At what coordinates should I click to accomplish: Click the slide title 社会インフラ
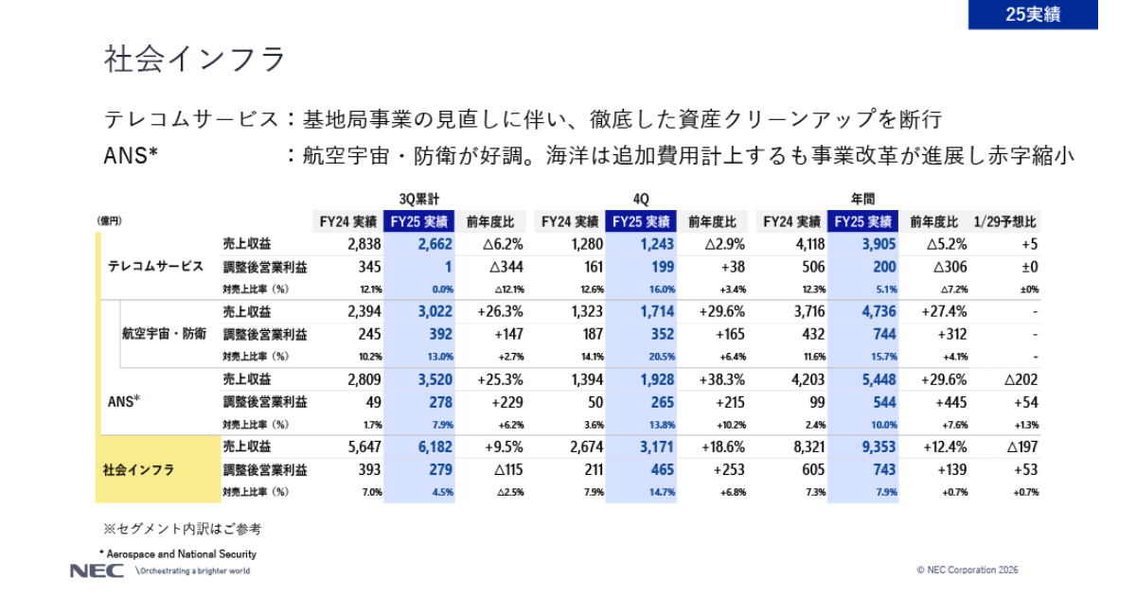click(194, 59)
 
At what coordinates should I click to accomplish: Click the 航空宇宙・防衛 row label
click(164, 334)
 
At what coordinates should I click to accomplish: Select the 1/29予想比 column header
click(1004, 222)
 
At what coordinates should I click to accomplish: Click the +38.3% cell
click(722, 379)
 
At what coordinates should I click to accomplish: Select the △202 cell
click(1019, 379)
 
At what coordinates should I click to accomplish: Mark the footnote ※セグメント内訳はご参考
click(182, 528)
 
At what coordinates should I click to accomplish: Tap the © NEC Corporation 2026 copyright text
click(967, 570)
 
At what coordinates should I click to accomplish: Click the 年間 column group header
click(861, 199)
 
